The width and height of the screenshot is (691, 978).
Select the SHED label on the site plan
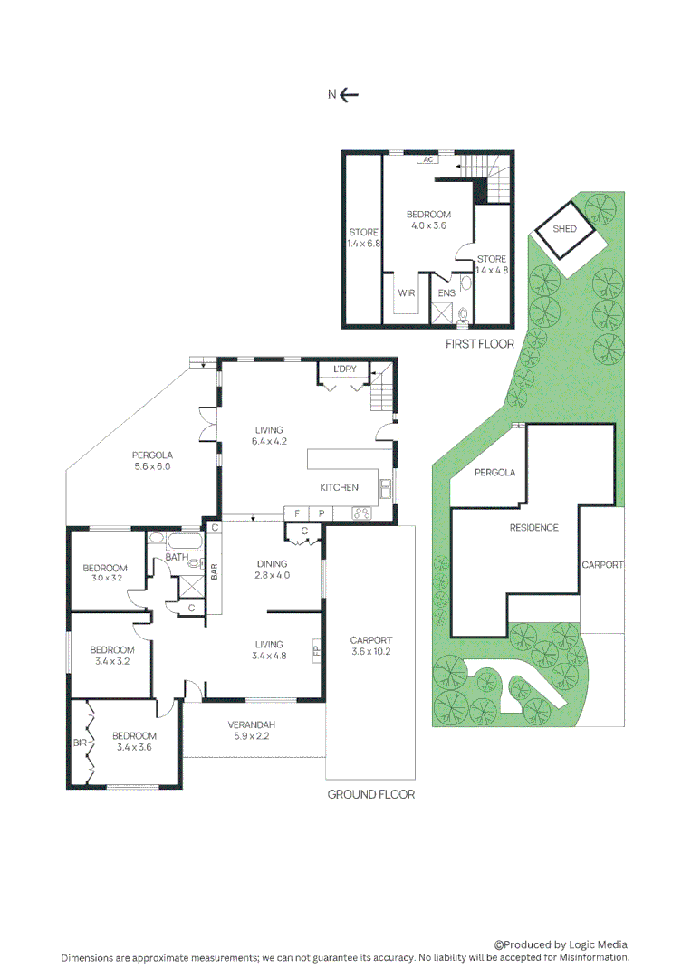click(564, 229)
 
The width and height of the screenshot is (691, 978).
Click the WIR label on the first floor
click(407, 293)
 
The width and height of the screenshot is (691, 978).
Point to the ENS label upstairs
click(446, 293)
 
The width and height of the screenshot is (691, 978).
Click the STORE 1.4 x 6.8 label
click(363, 238)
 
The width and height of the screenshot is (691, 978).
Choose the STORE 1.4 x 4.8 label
click(492, 264)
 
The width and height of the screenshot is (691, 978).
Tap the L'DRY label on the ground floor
click(344, 369)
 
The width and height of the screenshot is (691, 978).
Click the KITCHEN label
click(339, 487)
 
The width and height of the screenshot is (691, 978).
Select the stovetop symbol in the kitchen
click(362, 513)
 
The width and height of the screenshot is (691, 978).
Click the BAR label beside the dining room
click(215, 571)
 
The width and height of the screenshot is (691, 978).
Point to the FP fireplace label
click(316, 650)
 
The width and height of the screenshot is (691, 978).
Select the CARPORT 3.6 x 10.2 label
click(370, 646)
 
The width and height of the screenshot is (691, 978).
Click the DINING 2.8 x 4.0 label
click(273, 569)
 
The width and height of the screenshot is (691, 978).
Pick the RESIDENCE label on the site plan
click(533, 528)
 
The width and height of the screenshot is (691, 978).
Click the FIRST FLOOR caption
click(479, 344)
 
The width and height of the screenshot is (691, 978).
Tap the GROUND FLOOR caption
click(370, 794)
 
